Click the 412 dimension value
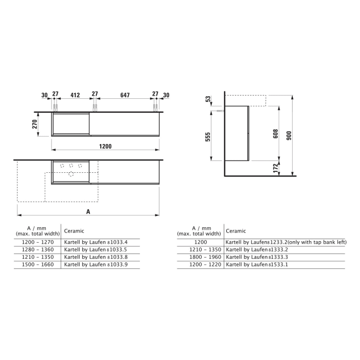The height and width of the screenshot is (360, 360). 75,95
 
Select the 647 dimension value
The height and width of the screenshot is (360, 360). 124,95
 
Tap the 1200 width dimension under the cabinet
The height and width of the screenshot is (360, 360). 105,147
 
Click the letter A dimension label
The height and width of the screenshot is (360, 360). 88,211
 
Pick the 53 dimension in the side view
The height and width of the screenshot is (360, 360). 208,99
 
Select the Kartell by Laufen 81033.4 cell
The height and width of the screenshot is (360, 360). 96,242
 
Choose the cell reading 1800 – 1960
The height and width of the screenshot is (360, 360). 201,257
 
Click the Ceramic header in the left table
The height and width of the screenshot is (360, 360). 74,231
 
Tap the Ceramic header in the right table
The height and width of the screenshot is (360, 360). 236,231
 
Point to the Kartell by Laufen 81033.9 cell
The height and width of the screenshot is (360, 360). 96,264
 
